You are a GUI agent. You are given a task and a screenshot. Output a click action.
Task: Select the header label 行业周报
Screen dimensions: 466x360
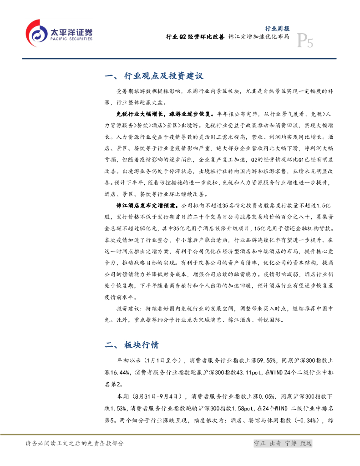pyautogui.click(x=277, y=28)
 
